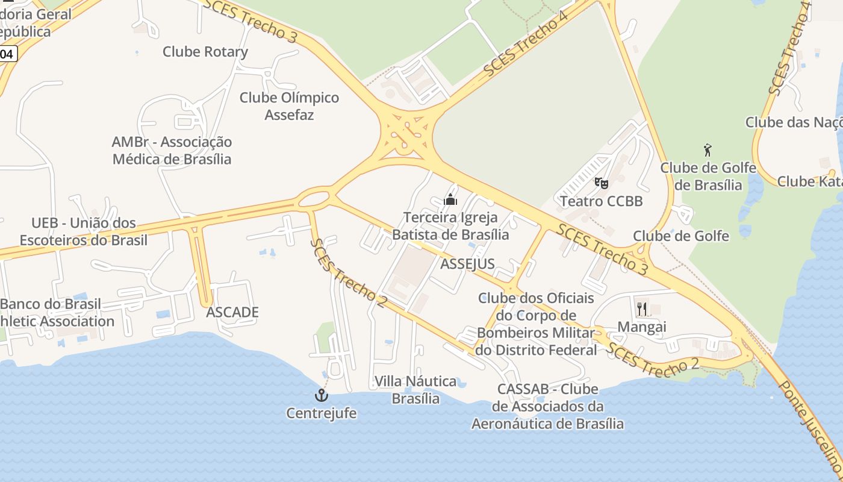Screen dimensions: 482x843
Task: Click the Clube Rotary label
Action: tap(205, 52)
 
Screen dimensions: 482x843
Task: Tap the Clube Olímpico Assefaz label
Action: tap(289, 105)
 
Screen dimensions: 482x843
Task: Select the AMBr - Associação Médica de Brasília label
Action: tap(172, 151)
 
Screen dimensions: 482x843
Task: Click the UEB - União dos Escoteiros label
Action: tap(84, 232)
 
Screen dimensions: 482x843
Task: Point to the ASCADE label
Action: tap(232, 312)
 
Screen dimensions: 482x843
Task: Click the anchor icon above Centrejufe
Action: tap(322, 395)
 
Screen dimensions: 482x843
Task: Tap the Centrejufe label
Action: tap(321, 413)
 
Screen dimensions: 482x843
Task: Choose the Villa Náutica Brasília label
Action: tap(415, 390)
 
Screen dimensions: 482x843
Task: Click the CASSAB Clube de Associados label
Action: tap(547, 407)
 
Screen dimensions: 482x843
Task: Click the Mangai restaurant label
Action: tap(642, 327)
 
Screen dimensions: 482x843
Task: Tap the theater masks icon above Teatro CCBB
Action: tap(601, 183)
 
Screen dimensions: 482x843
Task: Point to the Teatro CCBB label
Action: tap(601, 201)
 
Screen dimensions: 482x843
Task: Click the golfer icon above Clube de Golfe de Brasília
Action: tap(708, 149)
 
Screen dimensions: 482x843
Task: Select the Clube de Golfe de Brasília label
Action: tap(708, 176)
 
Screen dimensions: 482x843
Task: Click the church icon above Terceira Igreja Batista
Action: tap(450, 199)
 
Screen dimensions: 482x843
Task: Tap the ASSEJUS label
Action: tap(467, 264)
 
